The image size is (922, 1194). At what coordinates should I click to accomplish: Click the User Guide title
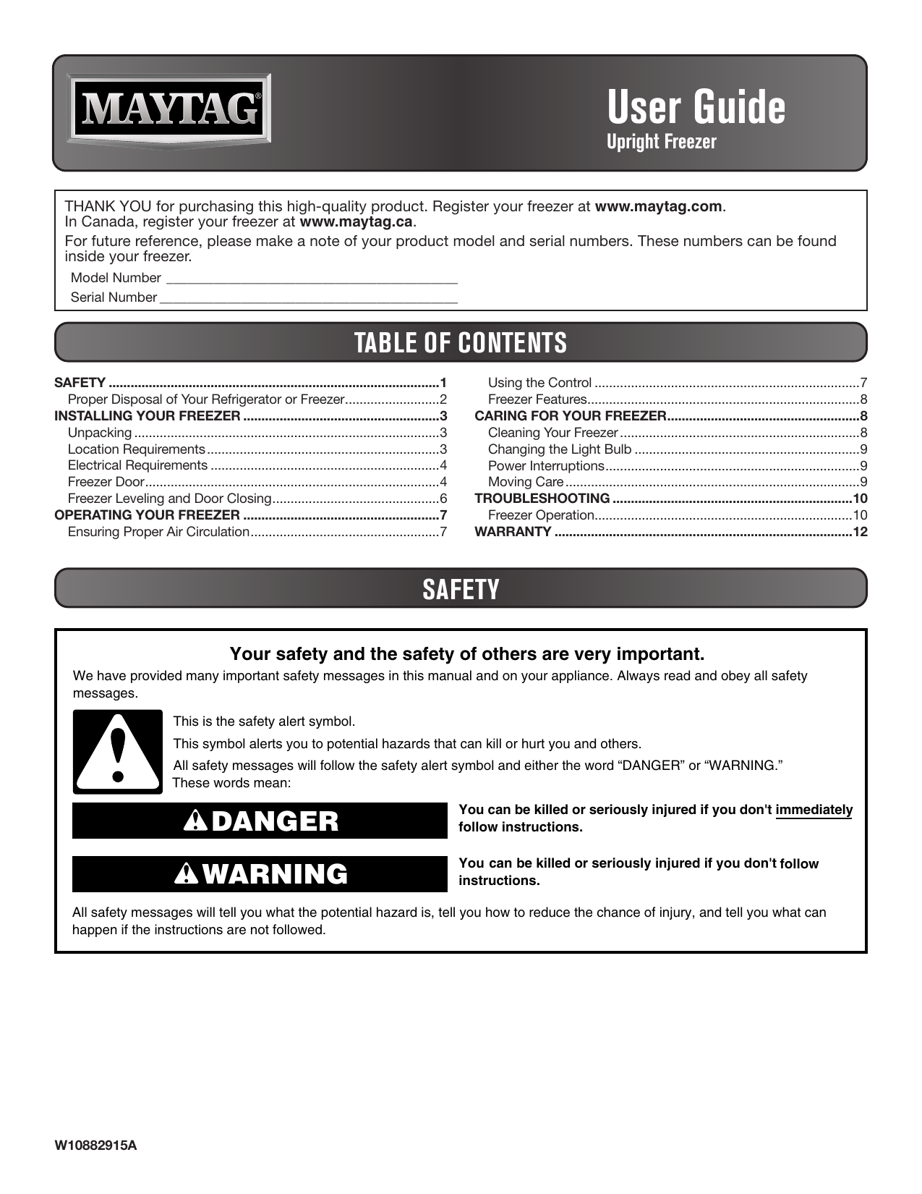coord(696,107)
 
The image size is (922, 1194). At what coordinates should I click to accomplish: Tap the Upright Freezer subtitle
coord(661,142)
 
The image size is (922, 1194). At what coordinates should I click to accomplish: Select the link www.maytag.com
coord(658,206)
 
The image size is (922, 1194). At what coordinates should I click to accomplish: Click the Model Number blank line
coord(312,279)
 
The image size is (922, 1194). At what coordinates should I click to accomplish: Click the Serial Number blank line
coord(308,298)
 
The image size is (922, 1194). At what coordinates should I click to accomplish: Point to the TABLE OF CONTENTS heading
coord(461,342)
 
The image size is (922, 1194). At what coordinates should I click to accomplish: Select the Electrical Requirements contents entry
coord(137,465)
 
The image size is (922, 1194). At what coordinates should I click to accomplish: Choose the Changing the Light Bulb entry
coord(559,449)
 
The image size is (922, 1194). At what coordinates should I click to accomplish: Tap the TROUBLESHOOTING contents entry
coord(542,499)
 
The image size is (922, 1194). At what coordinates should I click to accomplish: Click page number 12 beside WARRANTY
coord(860,532)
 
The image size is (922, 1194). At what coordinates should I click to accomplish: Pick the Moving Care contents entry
coord(525,482)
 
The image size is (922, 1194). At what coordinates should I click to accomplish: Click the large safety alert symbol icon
coord(118,752)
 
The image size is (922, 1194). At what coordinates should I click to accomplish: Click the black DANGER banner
coord(260,821)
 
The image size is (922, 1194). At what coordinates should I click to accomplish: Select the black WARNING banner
coord(260,874)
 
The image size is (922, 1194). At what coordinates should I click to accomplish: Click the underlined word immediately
coord(814,810)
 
